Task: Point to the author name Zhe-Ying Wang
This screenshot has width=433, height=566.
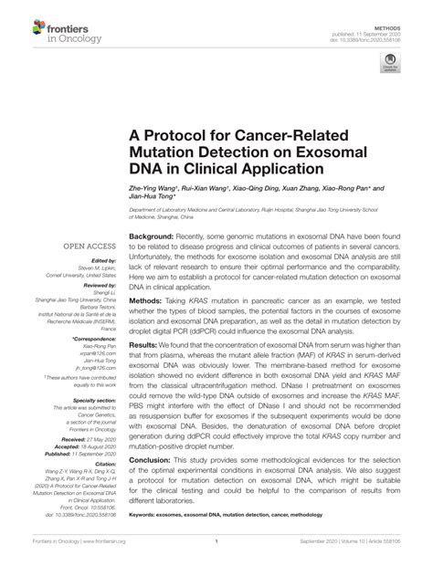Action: point(140,190)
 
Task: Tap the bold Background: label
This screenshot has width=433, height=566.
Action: point(153,236)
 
